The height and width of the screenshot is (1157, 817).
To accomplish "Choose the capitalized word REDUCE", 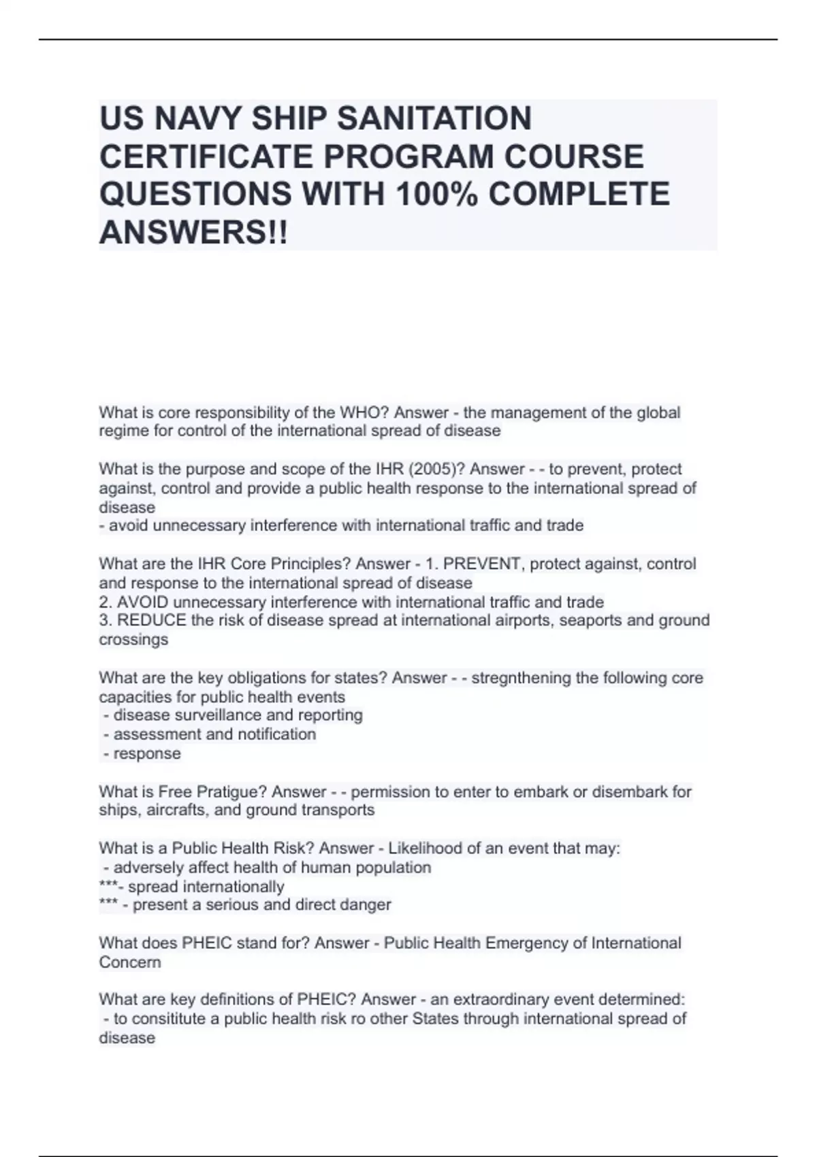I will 152,621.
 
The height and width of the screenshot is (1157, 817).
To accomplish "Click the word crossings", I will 133,640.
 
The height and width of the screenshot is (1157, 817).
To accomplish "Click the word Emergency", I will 525,943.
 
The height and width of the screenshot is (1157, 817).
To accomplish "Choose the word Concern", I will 130,962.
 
